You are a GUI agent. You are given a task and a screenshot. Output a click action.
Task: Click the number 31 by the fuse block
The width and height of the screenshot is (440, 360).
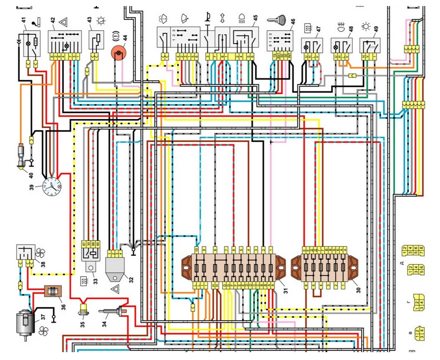[286, 291]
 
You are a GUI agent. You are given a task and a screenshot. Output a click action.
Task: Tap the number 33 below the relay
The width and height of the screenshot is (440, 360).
[95, 280]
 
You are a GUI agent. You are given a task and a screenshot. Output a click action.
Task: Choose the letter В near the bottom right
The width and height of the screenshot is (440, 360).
[408, 333]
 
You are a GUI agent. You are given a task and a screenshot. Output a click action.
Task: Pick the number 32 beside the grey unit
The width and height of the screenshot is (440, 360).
[131, 279]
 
